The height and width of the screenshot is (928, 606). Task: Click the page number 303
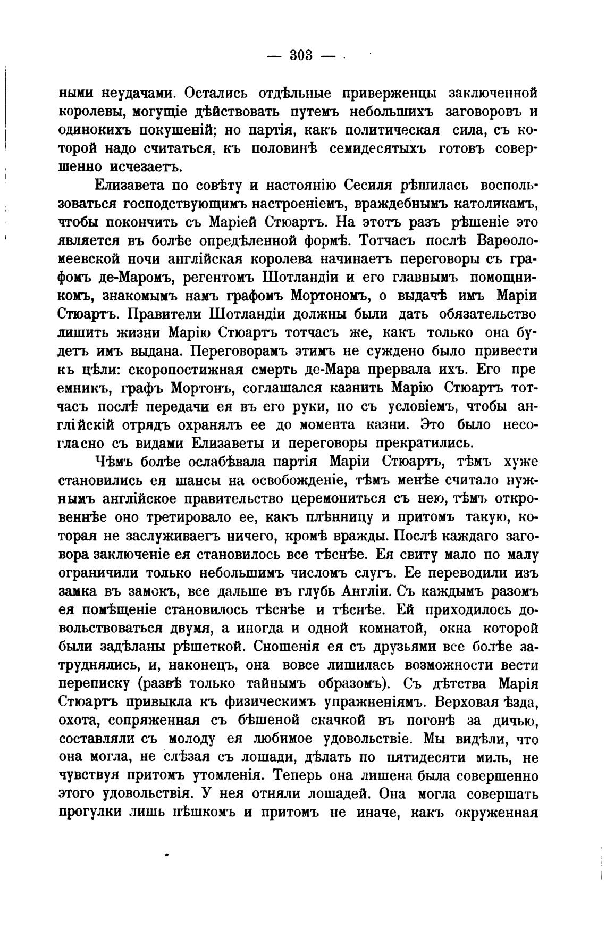[x=301, y=55]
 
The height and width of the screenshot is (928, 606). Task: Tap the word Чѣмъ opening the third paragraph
[x=116, y=462]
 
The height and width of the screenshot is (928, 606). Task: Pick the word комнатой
[x=392, y=628]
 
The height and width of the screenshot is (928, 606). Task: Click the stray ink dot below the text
[x=167, y=856]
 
